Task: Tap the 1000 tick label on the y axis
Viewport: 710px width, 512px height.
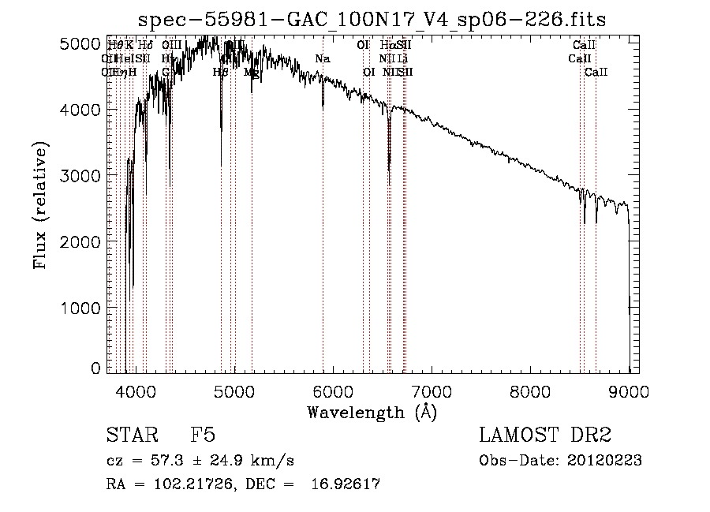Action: (81, 307)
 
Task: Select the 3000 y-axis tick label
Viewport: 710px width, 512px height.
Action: (81, 176)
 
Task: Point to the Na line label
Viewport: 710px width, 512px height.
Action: (322, 59)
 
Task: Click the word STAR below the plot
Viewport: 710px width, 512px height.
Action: (130, 436)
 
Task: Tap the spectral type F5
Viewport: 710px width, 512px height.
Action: (203, 436)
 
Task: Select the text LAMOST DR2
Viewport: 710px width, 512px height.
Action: (545, 436)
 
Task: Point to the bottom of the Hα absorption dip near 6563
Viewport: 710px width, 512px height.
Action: (389, 166)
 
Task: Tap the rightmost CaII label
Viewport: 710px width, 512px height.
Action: (596, 73)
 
